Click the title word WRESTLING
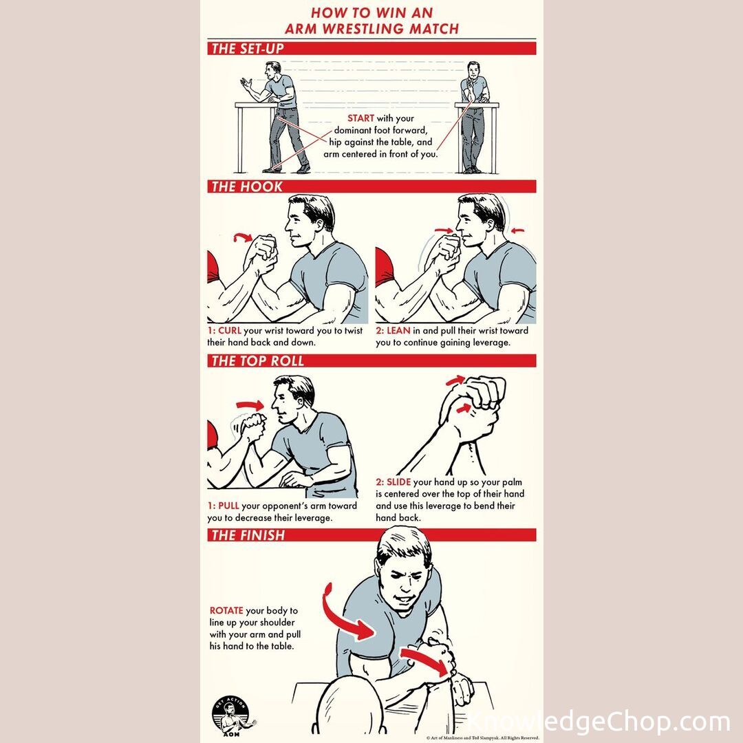(364, 28)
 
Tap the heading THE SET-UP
(248, 48)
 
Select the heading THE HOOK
(247, 186)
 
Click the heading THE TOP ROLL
(257, 360)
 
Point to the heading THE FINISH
(248, 535)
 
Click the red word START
(360, 118)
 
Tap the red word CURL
(230, 331)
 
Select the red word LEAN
(398, 331)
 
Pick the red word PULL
(228, 506)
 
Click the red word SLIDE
(398, 482)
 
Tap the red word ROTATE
(226, 610)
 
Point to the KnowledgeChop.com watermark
(599, 722)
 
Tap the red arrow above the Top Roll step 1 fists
(250, 405)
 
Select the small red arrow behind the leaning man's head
(518, 230)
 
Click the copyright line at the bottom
(482, 737)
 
